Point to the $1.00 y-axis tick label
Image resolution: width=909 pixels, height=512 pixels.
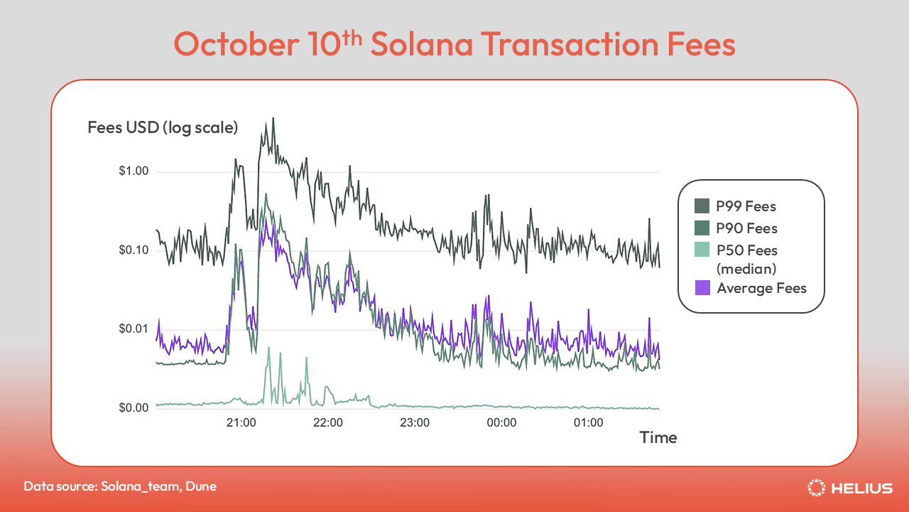pyautogui.click(x=134, y=171)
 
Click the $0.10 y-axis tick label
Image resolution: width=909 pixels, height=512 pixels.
pyautogui.click(x=134, y=250)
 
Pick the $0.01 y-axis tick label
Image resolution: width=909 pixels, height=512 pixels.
pyautogui.click(x=134, y=329)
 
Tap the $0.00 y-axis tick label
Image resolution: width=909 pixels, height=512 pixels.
pyautogui.click(x=134, y=408)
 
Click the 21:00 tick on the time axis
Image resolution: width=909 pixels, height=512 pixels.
pyautogui.click(x=241, y=422)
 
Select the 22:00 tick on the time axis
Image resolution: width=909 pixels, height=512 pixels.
pyautogui.click(x=328, y=422)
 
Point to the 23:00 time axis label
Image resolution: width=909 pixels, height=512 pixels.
pyautogui.click(x=415, y=422)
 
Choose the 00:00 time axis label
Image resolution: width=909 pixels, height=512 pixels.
pyautogui.click(x=501, y=422)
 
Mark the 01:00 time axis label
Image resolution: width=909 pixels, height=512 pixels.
pyautogui.click(x=588, y=422)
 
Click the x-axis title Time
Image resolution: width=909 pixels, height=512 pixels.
pyautogui.click(x=658, y=437)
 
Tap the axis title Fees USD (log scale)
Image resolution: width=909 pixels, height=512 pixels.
pyautogui.click(x=163, y=128)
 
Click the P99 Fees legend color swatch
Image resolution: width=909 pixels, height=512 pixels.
pyautogui.click(x=702, y=207)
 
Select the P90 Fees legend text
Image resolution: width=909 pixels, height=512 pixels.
pyautogui.click(x=747, y=228)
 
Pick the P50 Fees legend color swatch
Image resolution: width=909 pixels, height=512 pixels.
pyautogui.click(x=702, y=250)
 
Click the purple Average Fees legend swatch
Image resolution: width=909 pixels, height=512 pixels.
pyautogui.click(x=702, y=288)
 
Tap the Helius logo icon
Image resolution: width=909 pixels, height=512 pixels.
pyautogui.click(x=817, y=488)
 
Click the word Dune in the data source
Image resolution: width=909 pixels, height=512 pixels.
pyautogui.click(x=202, y=486)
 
